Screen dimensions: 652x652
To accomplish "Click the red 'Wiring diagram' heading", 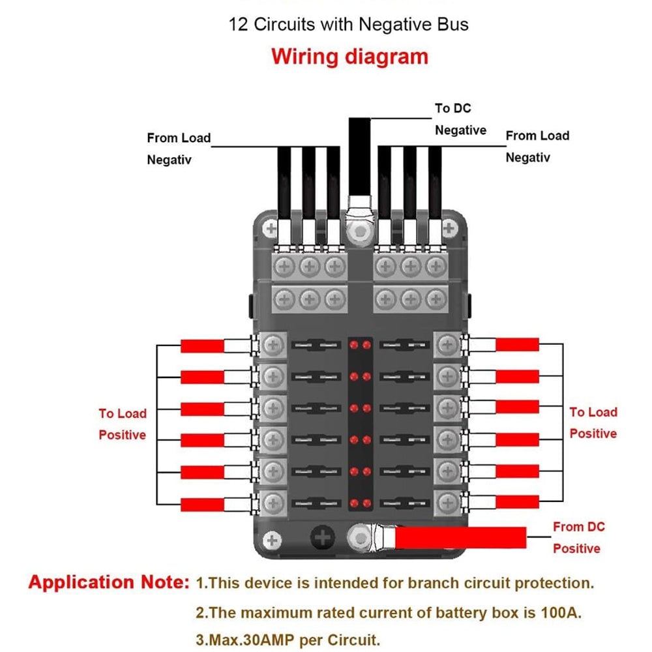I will tap(349, 56).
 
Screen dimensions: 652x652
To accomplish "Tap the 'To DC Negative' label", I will tap(460, 119).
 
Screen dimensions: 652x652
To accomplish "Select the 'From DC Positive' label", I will tap(578, 537).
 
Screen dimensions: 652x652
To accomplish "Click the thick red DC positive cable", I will tap(460, 538).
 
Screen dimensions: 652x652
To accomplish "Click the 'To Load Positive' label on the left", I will tap(123, 424).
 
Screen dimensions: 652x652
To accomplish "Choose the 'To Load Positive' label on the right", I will tap(593, 422).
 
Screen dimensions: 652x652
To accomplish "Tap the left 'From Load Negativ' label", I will tap(178, 148).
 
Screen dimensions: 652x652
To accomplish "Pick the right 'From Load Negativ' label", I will tap(537, 146).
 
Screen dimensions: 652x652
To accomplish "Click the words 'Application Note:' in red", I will tap(108, 582).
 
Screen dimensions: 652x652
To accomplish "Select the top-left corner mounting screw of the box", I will tap(272, 228).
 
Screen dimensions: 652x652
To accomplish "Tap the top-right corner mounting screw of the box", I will tap(449, 228).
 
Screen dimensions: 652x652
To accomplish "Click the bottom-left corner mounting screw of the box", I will tap(273, 540).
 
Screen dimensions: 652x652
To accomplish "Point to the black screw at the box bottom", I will tap(321, 538).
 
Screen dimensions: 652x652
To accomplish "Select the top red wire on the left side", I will tap(202, 346).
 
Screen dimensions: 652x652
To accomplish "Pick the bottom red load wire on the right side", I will tap(517, 502).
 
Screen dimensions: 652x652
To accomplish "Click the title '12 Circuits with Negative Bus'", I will tap(348, 25).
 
